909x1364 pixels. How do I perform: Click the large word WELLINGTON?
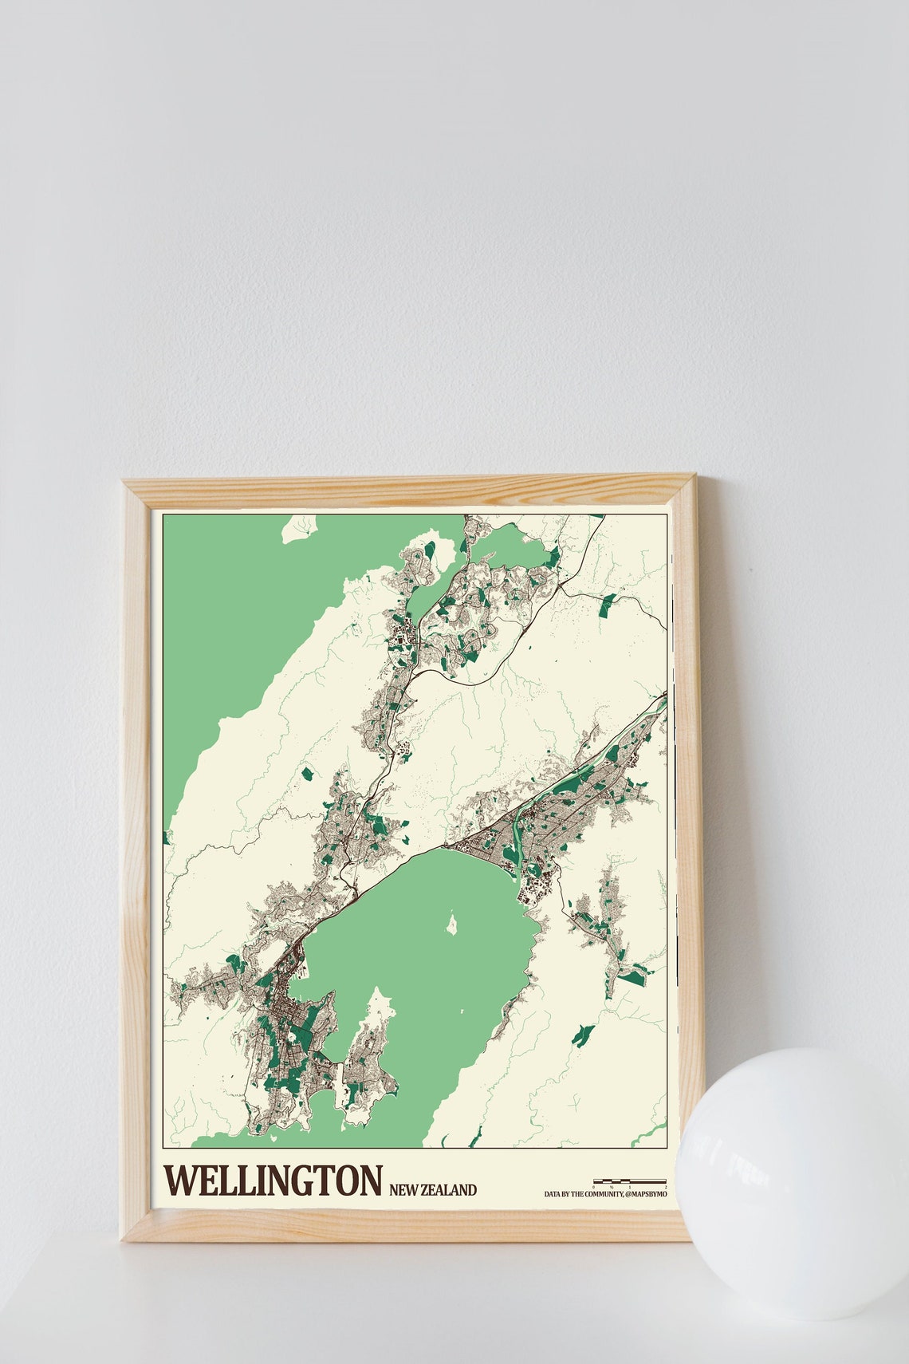click(273, 1181)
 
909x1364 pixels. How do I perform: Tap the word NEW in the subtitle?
click(404, 1190)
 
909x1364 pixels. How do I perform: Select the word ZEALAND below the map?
click(449, 1190)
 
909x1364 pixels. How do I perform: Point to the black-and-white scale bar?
click(629, 1181)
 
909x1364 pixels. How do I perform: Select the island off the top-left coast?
click(301, 528)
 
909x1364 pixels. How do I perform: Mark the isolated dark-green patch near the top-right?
click(608, 606)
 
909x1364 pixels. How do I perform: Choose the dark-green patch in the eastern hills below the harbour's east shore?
click(583, 1035)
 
